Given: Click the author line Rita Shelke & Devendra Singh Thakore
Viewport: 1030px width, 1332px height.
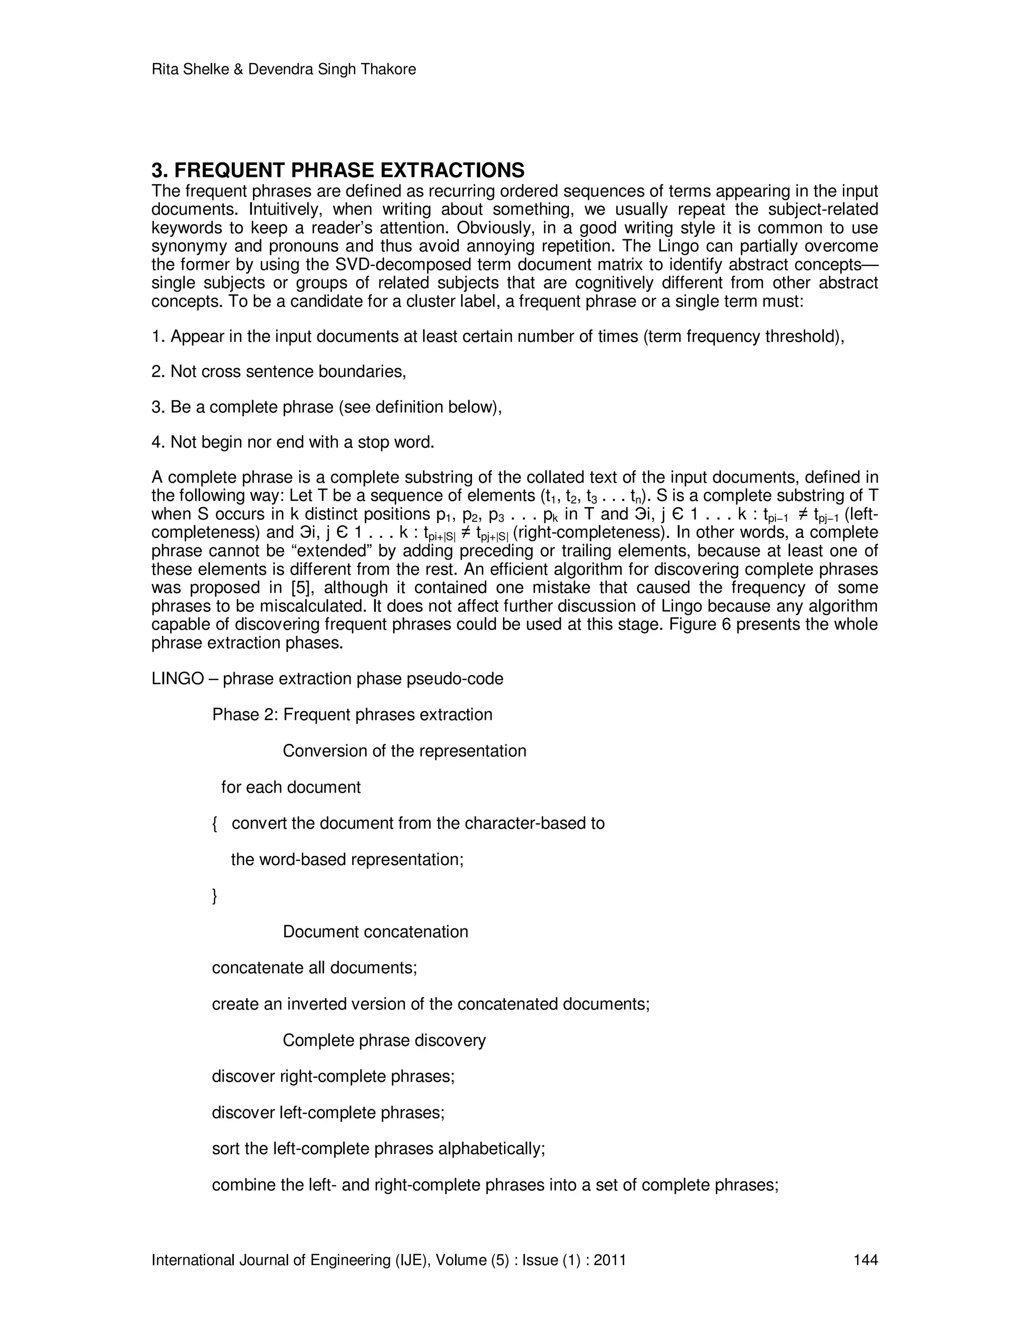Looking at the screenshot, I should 283,69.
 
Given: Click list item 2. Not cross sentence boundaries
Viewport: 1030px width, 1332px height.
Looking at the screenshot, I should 278,371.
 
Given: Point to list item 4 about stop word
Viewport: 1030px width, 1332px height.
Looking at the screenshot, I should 292,442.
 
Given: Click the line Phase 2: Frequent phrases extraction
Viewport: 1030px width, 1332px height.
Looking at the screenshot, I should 352,715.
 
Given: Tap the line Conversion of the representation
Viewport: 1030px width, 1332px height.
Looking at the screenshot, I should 404,751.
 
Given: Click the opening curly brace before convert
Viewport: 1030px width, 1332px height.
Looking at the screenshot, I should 215,824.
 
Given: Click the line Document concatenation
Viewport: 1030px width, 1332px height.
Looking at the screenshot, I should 375,932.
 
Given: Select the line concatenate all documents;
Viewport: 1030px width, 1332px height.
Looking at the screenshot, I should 314,968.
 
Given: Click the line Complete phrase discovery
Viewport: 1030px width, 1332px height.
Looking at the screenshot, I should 384,1040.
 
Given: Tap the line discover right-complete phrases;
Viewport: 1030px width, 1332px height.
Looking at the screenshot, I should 333,1077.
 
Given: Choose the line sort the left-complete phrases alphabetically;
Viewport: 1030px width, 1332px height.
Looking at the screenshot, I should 378,1149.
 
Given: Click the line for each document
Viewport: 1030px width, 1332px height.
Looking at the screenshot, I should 291,787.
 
